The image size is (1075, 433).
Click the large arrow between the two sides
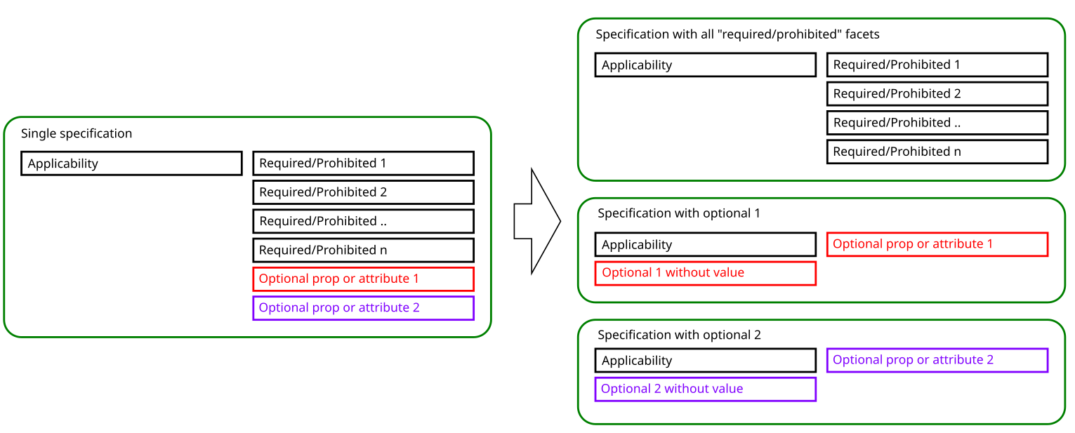click(536, 221)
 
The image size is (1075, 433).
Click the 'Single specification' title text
click(77, 133)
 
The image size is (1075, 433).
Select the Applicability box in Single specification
click(131, 164)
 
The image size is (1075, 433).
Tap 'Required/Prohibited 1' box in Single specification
click(363, 163)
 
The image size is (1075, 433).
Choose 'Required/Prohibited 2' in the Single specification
click(363, 192)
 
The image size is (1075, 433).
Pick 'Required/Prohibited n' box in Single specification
click(363, 250)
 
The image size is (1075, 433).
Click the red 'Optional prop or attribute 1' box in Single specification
click(363, 279)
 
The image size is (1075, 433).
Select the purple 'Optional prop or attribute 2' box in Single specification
click(363, 307)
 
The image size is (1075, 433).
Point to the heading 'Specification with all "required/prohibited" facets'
click(737, 34)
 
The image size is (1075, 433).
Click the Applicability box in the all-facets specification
click(705, 65)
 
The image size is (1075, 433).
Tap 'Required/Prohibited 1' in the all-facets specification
click(937, 65)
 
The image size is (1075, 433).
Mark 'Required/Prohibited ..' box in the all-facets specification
click(937, 122)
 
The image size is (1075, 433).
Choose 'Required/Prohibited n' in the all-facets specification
click(937, 152)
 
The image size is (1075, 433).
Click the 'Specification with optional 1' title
click(679, 213)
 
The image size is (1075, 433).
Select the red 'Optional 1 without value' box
click(705, 273)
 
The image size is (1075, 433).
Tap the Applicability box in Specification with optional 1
click(705, 244)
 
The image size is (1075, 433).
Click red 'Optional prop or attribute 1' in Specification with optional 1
click(937, 244)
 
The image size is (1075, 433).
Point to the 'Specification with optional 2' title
click(679, 335)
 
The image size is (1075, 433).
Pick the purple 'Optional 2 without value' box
click(705, 389)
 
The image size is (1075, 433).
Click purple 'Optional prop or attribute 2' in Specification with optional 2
click(937, 360)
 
